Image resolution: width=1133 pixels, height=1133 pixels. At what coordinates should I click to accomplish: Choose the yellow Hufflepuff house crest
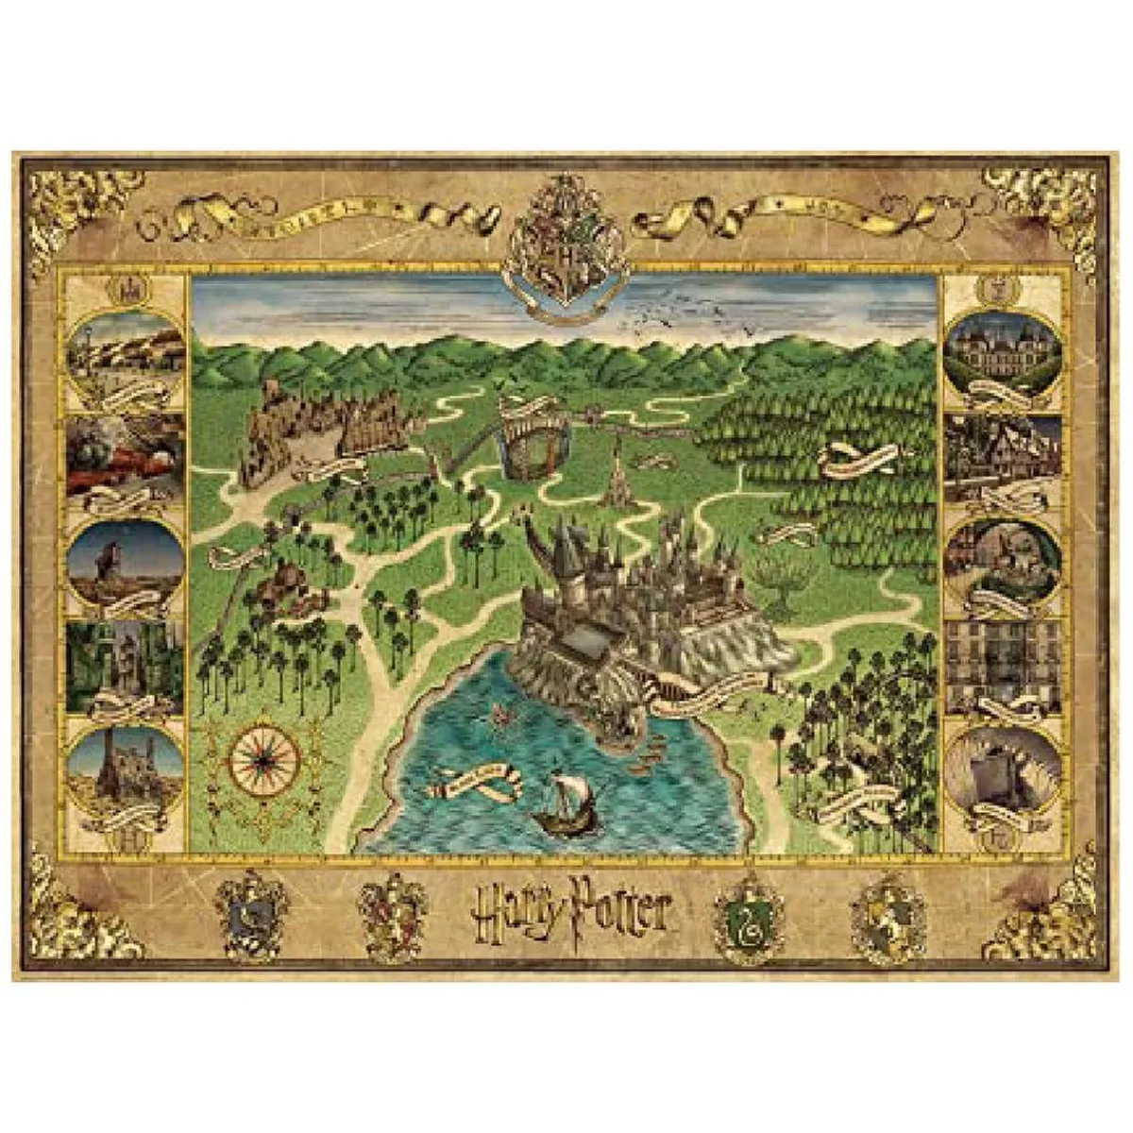(885, 910)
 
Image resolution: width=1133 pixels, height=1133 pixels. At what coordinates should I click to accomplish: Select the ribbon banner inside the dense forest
(857, 460)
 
